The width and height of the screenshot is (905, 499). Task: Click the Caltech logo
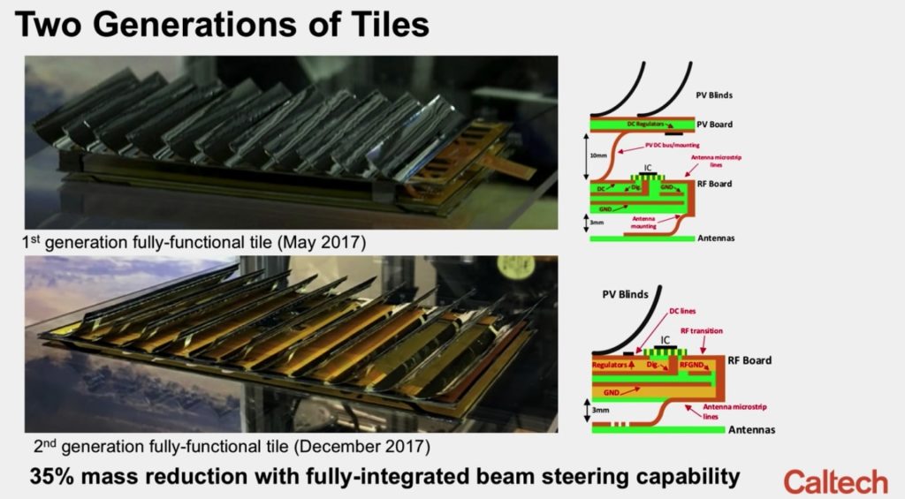coord(834,480)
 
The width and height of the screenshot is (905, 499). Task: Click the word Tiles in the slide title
coord(382,24)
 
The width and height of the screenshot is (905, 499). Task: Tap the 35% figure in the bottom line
coord(55,477)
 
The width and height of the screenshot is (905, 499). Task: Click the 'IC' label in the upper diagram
coord(650,166)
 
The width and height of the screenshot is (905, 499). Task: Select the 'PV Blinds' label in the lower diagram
coord(631,294)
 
